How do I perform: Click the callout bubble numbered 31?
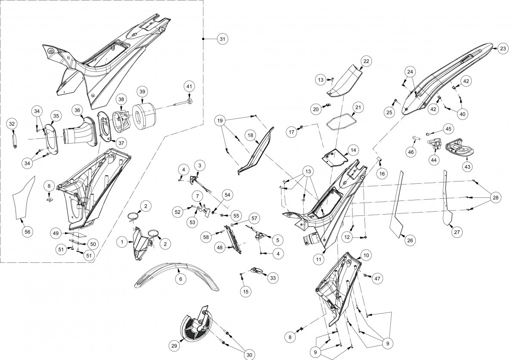pyautogui.click(x=222, y=39)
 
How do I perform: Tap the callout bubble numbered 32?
pyautogui.click(x=12, y=124)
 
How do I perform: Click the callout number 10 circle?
pyautogui.click(x=366, y=255)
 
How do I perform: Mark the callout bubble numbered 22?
pyautogui.click(x=366, y=61)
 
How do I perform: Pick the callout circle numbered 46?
pyautogui.click(x=411, y=152)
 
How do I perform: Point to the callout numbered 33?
pyautogui.click(x=272, y=278)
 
